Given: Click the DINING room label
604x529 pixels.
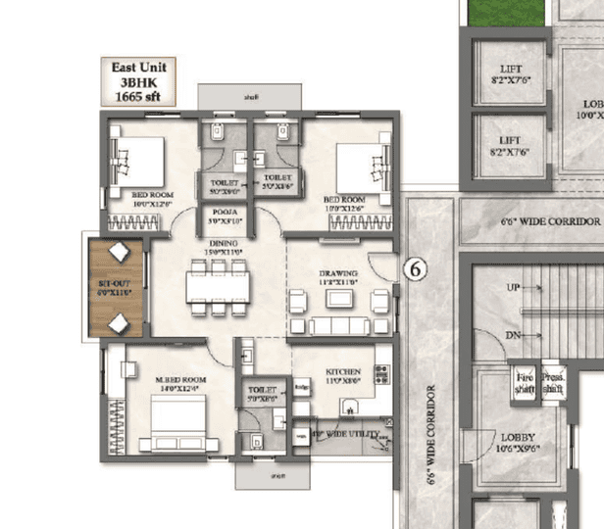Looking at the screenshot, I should coord(223,247).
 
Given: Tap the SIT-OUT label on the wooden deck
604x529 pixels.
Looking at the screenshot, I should coord(114,286).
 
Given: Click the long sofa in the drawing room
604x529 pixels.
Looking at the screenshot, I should coord(332,324).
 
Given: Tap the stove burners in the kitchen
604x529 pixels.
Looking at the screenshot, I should coord(382,374).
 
